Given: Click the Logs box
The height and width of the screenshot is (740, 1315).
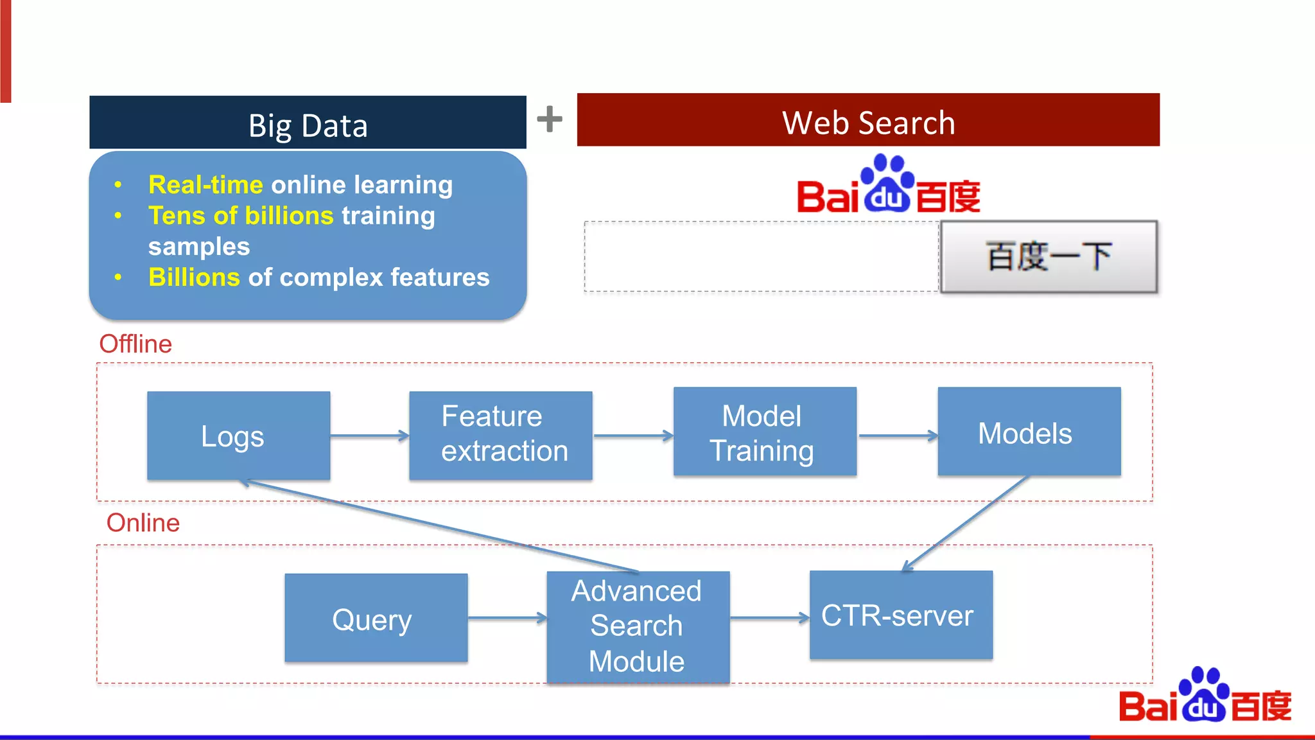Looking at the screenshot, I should click(x=238, y=436).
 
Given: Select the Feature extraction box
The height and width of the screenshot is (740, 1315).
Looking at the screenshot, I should click(x=500, y=435).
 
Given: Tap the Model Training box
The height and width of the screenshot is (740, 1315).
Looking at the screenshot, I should click(x=764, y=432).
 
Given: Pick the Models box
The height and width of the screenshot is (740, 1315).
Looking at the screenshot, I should click(x=1029, y=432).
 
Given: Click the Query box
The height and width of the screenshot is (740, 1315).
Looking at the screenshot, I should click(x=376, y=618).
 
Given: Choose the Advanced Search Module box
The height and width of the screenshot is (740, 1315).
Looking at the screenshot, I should click(x=638, y=626).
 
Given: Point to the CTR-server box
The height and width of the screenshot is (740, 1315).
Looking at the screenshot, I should click(x=900, y=615).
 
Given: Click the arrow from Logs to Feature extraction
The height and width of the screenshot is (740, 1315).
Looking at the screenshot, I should click(x=369, y=436).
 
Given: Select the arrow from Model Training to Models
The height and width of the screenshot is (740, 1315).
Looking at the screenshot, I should click(x=897, y=436).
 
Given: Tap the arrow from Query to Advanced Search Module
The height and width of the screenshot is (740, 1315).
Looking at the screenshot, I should click(x=507, y=618).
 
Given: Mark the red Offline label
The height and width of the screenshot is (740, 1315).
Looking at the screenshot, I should click(x=135, y=344).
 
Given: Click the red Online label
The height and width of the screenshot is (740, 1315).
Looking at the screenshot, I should click(x=143, y=523).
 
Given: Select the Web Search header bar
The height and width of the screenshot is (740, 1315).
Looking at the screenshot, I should click(x=868, y=121).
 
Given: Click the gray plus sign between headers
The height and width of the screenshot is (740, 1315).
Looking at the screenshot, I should click(x=550, y=119).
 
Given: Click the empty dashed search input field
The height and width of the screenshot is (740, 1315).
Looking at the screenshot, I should click(x=761, y=257).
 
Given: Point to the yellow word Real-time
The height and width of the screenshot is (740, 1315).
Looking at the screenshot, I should click(x=205, y=185).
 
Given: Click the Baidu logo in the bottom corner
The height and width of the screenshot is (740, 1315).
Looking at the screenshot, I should click(x=1205, y=698).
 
